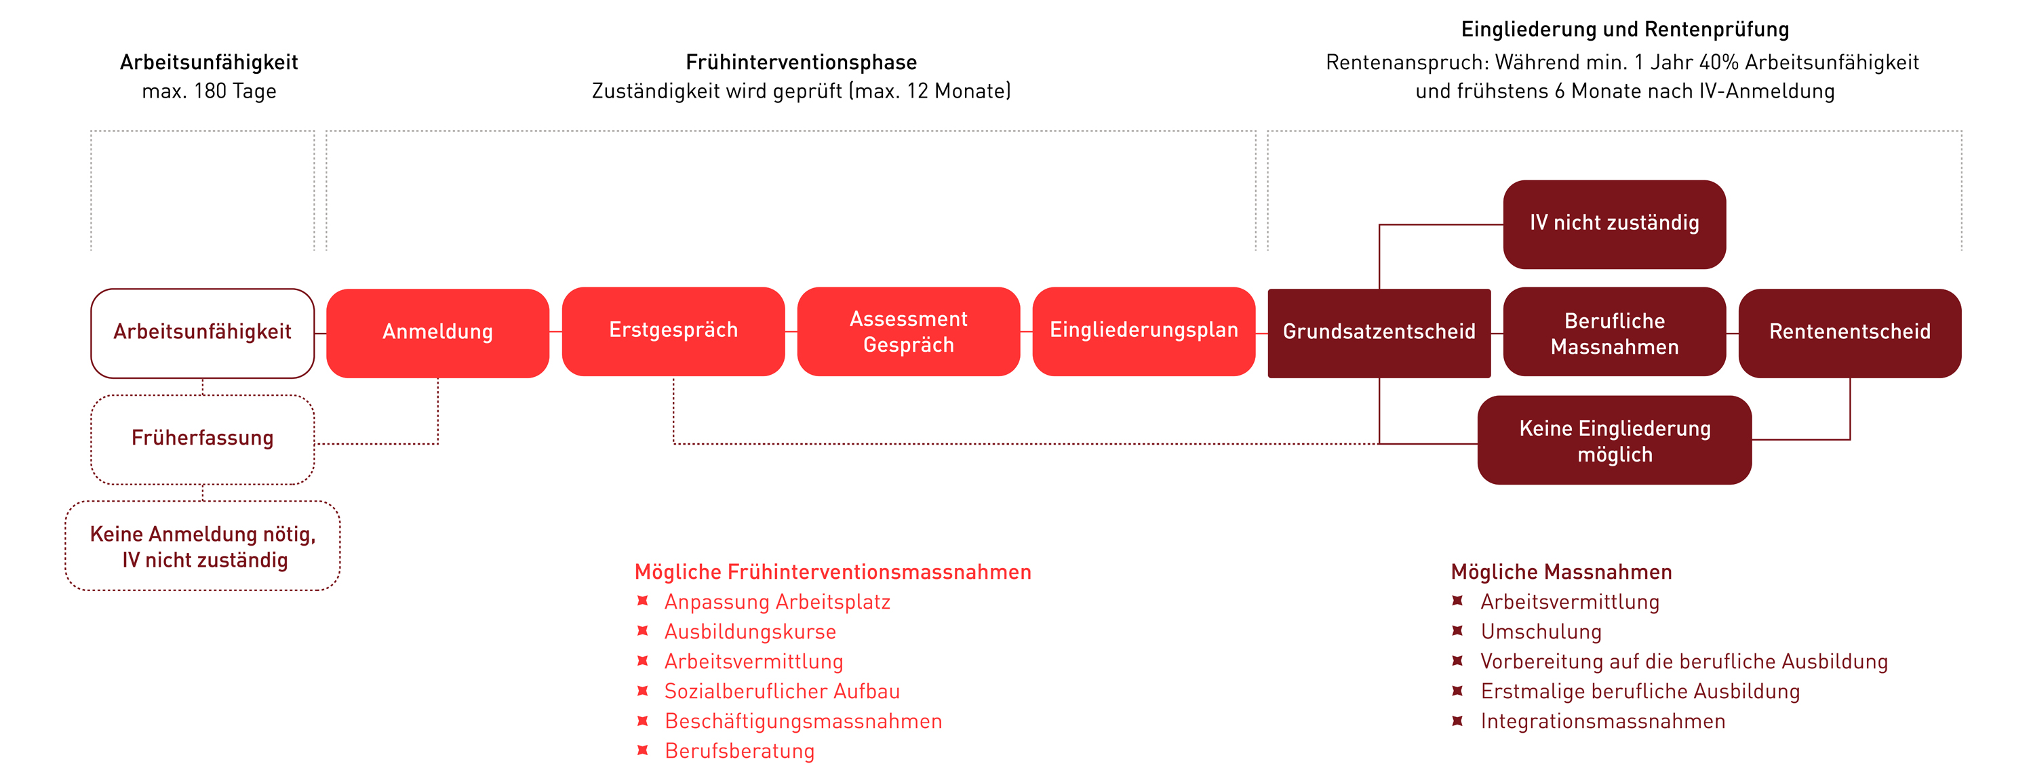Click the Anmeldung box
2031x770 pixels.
(437, 333)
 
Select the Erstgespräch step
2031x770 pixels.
(673, 331)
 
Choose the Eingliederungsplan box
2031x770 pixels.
(1143, 331)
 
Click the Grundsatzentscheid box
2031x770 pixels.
(1379, 333)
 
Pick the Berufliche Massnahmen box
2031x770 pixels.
(1614, 333)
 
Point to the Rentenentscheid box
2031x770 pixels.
(1850, 333)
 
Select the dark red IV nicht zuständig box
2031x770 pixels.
(1614, 224)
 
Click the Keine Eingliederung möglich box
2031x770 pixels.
(1614, 441)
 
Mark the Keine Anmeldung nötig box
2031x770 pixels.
(203, 546)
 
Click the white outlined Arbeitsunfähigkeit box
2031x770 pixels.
(203, 333)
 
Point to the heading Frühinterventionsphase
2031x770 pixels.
(801, 62)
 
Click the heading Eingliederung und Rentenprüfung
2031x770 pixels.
(1625, 30)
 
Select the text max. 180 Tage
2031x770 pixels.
(209, 92)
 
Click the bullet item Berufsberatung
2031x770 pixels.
(738, 751)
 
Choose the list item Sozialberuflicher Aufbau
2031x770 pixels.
(781, 692)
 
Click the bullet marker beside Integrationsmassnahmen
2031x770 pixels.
(1457, 721)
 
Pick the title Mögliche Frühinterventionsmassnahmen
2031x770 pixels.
(833, 572)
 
